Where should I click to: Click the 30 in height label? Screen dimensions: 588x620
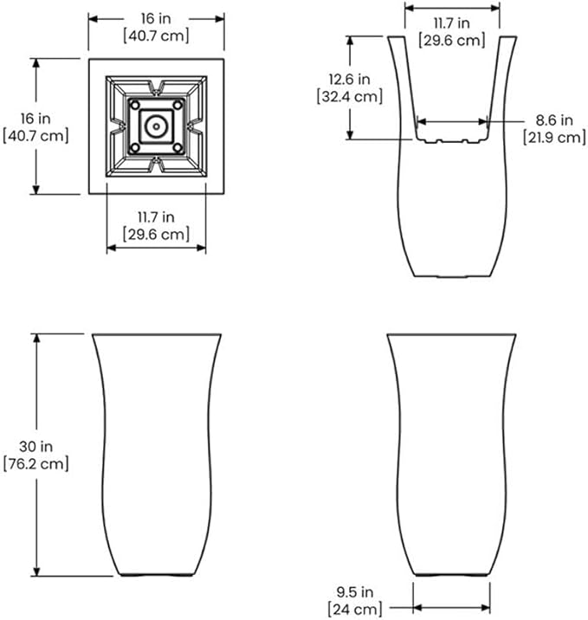coord(36,447)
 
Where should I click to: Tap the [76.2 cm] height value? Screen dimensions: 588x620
coord(36,464)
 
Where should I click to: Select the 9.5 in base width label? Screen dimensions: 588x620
coord(355,592)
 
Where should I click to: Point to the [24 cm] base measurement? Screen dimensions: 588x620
coord(355,610)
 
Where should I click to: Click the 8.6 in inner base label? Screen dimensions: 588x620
coord(554,119)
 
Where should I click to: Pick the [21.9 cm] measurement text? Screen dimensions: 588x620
coord(554,137)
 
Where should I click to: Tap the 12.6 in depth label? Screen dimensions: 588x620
coord(350,79)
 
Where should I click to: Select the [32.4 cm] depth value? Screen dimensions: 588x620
coord(350,96)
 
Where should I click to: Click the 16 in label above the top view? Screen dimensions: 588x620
coord(156,18)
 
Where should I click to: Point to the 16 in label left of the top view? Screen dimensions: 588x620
coord(36,119)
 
